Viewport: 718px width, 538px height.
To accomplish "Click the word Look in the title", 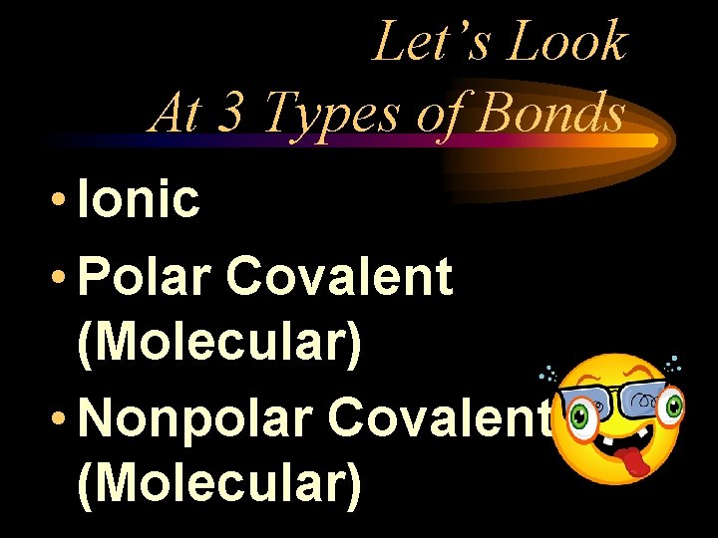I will coord(569,43).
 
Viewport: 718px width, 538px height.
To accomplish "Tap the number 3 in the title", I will coord(228,113).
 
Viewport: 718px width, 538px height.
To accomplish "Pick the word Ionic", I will coord(139,199).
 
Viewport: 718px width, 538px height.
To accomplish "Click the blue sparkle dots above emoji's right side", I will coord(674,363).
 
